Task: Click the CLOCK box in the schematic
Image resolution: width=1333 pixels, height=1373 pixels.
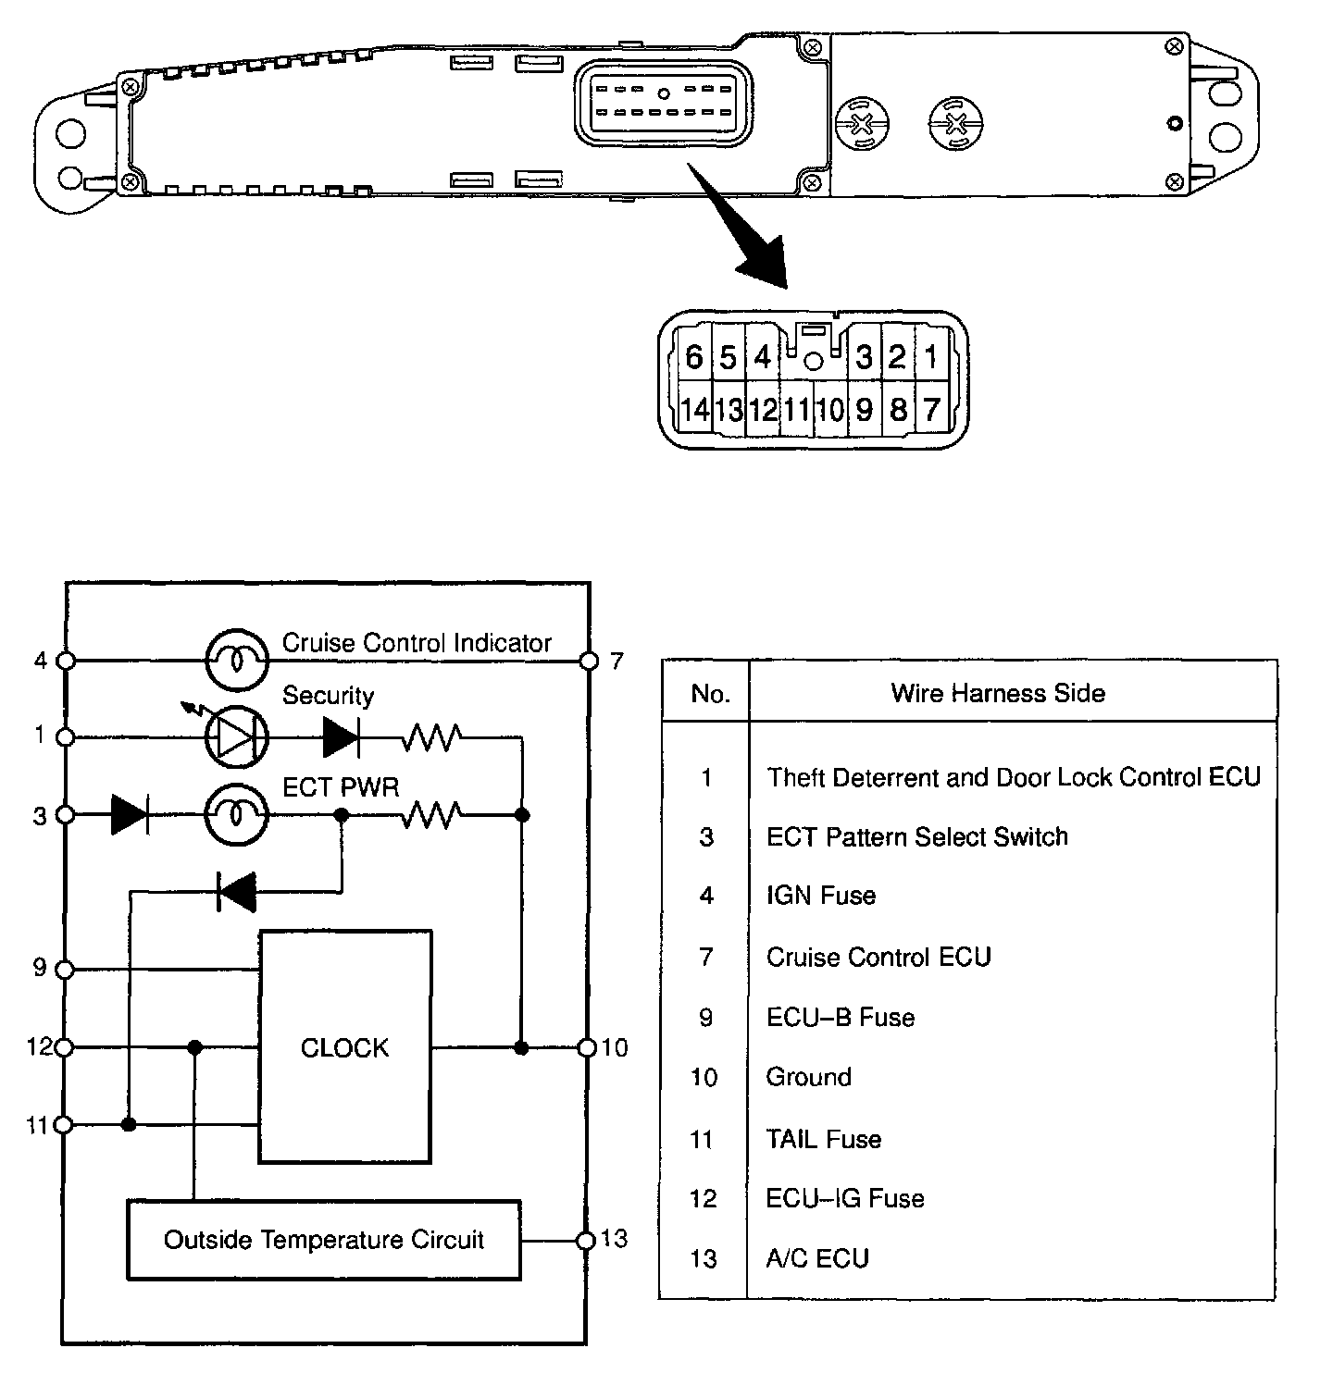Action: [x=344, y=1046]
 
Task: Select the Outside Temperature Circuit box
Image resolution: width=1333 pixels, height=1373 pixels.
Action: [x=323, y=1240]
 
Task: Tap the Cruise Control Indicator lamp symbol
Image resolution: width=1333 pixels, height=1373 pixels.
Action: [x=236, y=661]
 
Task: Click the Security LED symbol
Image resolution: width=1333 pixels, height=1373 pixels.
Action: [x=236, y=737]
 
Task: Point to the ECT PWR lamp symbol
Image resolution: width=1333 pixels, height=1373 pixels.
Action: [x=236, y=815]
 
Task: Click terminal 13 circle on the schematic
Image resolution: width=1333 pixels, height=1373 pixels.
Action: [x=585, y=1241]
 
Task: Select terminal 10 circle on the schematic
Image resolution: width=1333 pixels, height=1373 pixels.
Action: [x=587, y=1047]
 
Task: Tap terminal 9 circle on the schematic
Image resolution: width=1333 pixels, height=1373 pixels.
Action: [x=65, y=970]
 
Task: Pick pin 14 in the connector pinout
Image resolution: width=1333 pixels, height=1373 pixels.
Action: [x=694, y=409]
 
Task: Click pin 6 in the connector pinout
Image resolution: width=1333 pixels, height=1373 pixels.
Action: [x=694, y=357]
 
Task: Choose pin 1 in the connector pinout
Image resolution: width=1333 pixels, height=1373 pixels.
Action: [x=931, y=357]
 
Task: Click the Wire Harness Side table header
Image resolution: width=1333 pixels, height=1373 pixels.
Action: [x=998, y=693]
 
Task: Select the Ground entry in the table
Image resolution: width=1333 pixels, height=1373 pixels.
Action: [x=808, y=1077]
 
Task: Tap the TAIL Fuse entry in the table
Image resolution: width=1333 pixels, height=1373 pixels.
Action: [x=823, y=1139]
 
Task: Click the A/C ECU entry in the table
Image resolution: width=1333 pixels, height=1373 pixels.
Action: [x=817, y=1258]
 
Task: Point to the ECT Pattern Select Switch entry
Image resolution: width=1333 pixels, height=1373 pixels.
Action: [x=916, y=836]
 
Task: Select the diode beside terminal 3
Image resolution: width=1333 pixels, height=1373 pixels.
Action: [x=130, y=815]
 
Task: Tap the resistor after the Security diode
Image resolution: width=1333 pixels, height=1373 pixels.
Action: [x=431, y=737]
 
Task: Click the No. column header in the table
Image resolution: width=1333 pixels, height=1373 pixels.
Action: [x=710, y=694]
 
